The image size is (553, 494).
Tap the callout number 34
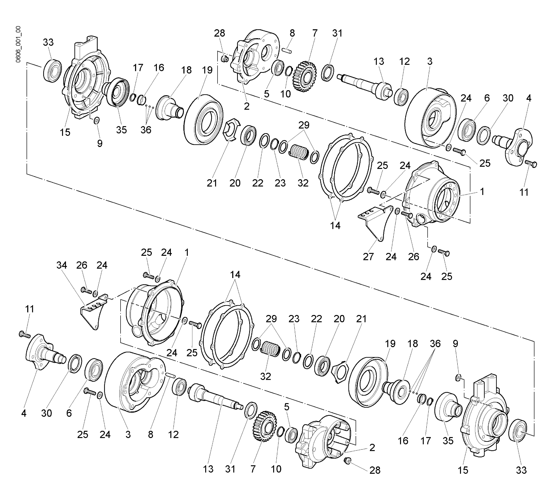point(62,265)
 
